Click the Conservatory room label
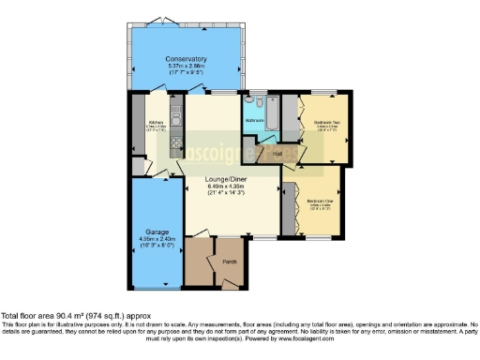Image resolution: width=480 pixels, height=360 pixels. [187, 58]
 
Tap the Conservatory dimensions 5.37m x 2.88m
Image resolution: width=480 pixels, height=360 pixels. [187, 67]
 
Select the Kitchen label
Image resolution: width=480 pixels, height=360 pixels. [157, 123]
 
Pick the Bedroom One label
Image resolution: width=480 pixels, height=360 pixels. [319, 201]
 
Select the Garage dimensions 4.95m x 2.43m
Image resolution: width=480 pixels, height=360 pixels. [156, 239]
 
